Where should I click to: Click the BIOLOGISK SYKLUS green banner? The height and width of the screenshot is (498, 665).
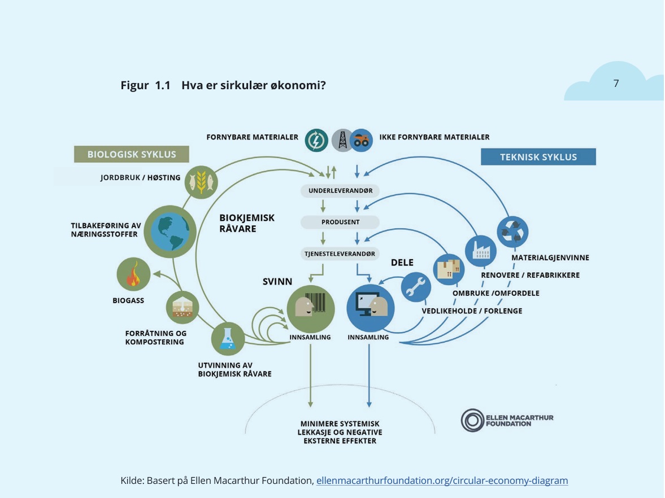coord(131,154)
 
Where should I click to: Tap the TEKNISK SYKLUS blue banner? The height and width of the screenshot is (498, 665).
coord(538,157)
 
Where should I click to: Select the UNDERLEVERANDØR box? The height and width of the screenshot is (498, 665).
coord(340,191)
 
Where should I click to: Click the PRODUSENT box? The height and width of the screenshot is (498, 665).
coord(340,222)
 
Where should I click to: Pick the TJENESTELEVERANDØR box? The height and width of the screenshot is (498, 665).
coord(340,254)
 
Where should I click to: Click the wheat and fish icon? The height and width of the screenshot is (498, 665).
coord(201,182)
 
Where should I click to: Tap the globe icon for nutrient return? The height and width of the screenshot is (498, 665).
coord(170,231)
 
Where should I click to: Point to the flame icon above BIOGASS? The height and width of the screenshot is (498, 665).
coord(133,275)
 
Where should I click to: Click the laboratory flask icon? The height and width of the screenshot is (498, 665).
coord(228,339)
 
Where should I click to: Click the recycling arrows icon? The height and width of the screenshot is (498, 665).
coord(512,232)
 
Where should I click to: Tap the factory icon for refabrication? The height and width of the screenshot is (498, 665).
coord(480,250)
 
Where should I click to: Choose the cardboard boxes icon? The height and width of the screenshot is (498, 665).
coord(449,269)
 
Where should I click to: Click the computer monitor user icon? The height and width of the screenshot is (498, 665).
coord(370,308)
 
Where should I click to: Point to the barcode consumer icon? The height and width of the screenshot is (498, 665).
coord(310,308)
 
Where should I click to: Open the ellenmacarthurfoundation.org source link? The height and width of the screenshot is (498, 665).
coord(442,481)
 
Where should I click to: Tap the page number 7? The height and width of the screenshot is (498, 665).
coord(616,84)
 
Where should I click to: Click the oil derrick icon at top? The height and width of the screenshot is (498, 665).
coord(342,140)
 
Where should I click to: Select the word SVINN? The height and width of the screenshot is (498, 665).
coord(277,281)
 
